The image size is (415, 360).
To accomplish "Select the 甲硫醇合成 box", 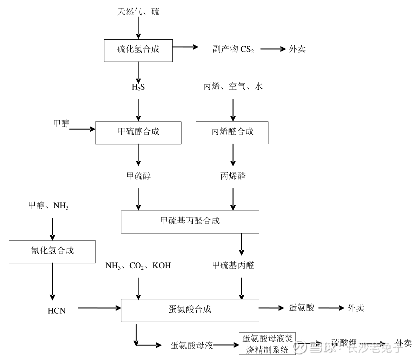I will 138,132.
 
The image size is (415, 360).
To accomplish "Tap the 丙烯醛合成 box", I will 232,132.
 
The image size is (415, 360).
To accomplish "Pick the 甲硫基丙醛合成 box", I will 190,221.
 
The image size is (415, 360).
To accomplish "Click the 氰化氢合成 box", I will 52,251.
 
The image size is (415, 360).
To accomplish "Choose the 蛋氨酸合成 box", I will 190,310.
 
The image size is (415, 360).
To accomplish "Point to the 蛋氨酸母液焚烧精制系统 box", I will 268,344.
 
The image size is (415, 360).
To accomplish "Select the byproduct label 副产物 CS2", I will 229,49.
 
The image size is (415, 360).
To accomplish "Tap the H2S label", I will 138,87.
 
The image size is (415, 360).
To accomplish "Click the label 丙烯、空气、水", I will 232,87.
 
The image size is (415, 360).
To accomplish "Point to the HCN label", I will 56,310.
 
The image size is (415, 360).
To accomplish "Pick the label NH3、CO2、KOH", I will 138,266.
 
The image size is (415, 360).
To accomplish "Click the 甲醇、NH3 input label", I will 49,205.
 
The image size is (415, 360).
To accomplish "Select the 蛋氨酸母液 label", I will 192,345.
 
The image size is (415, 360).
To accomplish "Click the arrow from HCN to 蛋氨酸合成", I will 100,308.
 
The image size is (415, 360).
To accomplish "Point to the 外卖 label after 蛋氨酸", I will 356,308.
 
